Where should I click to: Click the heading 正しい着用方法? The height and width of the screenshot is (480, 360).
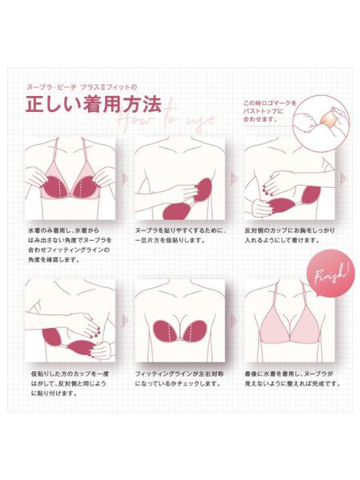[93, 105]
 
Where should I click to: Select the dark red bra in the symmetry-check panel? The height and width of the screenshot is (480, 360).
[179, 331]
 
